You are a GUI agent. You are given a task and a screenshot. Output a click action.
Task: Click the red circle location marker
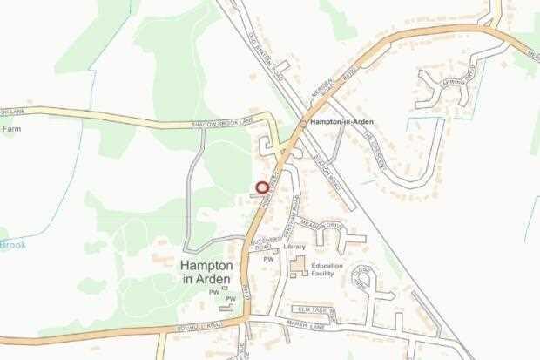(x=261, y=187)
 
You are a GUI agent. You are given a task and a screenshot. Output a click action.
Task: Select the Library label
(x=294, y=247)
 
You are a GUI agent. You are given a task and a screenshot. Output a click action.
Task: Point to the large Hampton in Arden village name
(x=206, y=270)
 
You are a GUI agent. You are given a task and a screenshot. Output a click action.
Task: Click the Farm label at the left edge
(x=10, y=129)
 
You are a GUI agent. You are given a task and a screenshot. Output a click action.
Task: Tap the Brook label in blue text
(x=12, y=245)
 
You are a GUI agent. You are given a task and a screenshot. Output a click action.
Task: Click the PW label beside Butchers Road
(x=268, y=259)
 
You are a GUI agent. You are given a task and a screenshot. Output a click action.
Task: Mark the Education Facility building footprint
(x=299, y=266)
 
